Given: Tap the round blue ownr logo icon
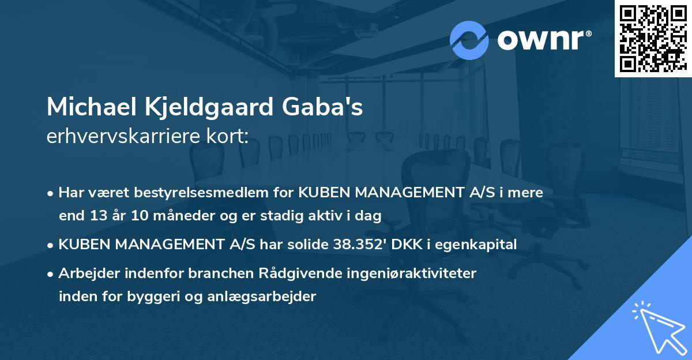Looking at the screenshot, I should click(x=469, y=40).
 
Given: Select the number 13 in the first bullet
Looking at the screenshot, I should click(x=95, y=216).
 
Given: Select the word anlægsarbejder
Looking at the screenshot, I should click(x=264, y=297).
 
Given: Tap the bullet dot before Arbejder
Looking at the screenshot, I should click(x=51, y=274).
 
